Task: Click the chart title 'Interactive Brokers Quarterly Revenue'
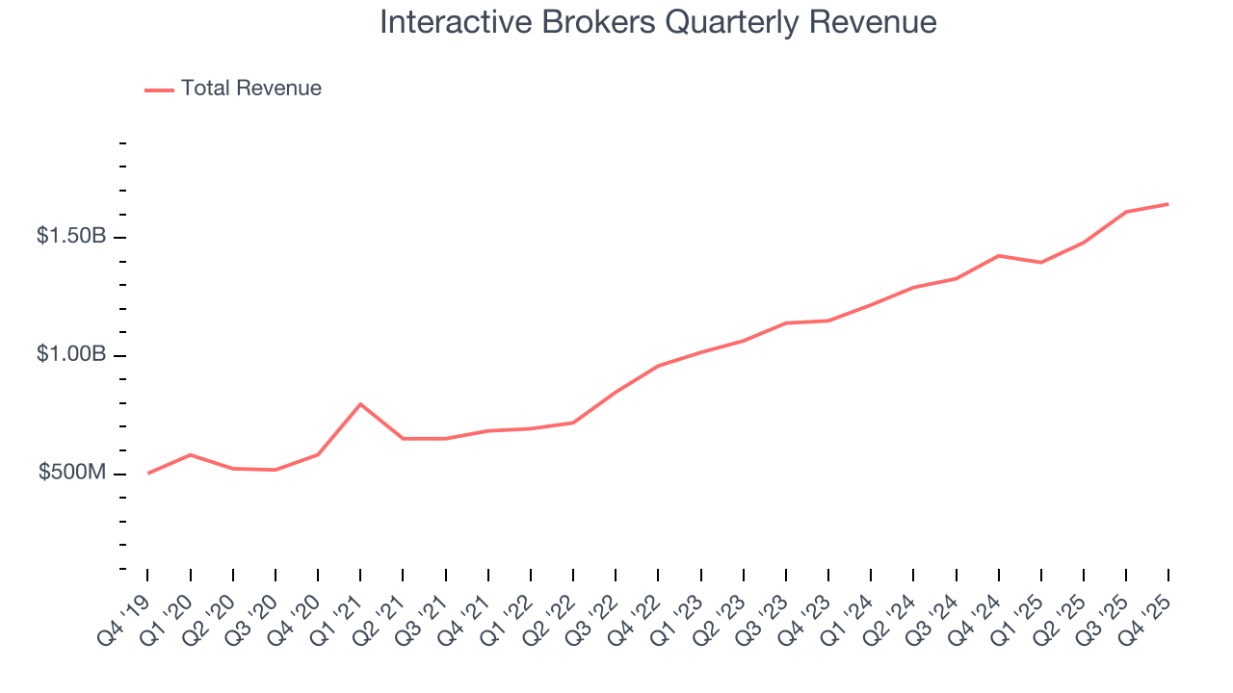(x=658, y=22)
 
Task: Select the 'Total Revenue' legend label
(x=250, y=89)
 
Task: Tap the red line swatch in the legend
(x=159, y=90)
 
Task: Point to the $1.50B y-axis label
(x=71, y=236)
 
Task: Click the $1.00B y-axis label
(x=71, y=354)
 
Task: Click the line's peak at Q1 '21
(x=360, y=404)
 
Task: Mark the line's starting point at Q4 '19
(x=148, y=473)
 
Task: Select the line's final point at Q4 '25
(x=1168, y=204)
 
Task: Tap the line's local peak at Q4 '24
(x=999, y=255)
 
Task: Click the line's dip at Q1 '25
(x=1041, y=262)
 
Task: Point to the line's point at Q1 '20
(x=191, y=454)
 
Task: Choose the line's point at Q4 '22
(x=658, y=366)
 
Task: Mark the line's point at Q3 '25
(x=1126, y=212)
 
